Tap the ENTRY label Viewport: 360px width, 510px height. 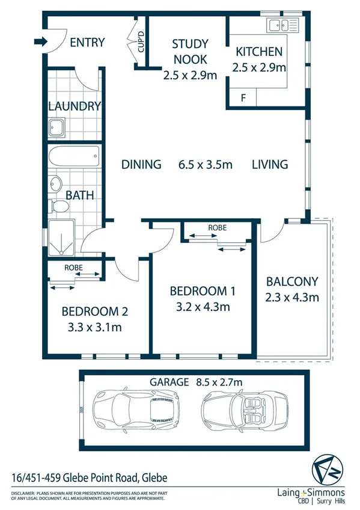click(x=87, y=43)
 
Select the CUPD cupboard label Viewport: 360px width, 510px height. click(x=141, y=42)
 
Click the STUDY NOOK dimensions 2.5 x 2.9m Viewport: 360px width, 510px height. click(x=190, y=76)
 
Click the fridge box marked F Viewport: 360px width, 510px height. click(x=243, y=97)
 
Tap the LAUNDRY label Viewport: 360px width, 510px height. click(x=74, y=106)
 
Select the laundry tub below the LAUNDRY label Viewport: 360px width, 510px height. click(x=58, y=128)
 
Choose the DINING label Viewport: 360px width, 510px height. click(x=141, y=164)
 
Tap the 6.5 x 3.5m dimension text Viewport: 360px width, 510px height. click(x=204, y=164)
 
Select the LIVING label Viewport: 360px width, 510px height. click(x=270, y=164)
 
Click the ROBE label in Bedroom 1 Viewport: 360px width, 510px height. click(x=217, y=229)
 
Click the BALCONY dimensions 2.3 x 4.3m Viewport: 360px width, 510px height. click(x=292, y=296)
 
